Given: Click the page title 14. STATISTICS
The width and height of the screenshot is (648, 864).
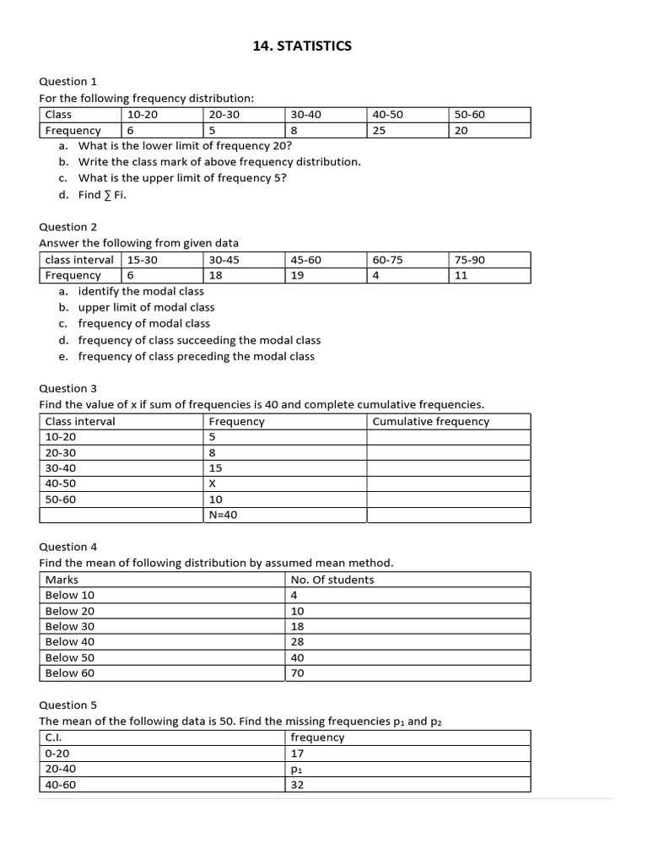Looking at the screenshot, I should point(302,46).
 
